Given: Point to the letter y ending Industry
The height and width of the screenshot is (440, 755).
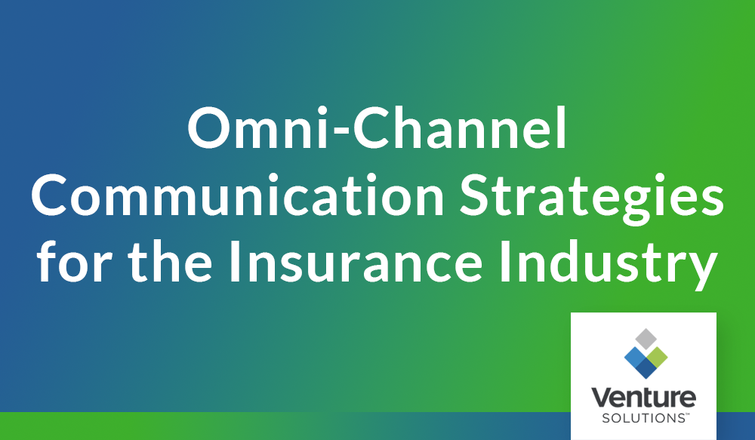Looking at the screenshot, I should (x=701, y=270).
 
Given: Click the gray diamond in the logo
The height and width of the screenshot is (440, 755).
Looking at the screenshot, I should (x=643, y=338).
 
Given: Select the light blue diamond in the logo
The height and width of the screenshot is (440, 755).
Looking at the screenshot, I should (x=633, y=354).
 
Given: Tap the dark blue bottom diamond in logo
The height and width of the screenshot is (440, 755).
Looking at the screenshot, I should (x=643, y=367).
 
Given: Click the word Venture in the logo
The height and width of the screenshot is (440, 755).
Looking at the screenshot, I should (x=643, y=398).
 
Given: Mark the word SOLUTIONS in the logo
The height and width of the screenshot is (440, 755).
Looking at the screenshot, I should (x=640, y=417).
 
